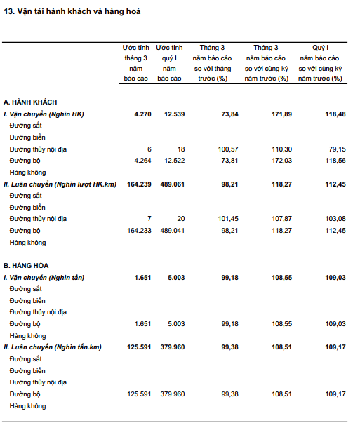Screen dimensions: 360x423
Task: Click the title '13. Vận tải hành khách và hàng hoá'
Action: coord(72,12)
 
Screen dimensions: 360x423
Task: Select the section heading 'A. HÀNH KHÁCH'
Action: coord(30,102)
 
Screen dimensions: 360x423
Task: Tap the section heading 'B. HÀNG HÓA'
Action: coord(26,266)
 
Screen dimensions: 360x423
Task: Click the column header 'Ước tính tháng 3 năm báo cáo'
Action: coord(135,63)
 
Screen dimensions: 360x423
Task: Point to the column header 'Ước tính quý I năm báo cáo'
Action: coord(169,63)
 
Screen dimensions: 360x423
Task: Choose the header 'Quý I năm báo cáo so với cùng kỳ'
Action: coord(320,63)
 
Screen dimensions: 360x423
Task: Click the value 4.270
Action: coord(142,114)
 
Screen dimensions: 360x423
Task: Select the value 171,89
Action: coord(281,114)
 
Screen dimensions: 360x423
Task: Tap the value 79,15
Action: coord(337,149)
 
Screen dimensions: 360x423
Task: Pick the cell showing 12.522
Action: coord(175,161)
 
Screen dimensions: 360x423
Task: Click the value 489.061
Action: coord(173,184)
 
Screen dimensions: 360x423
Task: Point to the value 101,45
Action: coord(228,219)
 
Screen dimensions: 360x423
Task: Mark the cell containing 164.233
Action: coord(139,231)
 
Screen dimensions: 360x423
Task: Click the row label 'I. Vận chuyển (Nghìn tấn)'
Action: coord(44,278)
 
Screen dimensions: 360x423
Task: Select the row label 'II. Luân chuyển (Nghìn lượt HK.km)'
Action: coord(60,184)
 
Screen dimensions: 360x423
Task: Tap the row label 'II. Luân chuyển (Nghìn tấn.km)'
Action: coord(53,347)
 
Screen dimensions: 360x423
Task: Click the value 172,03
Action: coord(281,161)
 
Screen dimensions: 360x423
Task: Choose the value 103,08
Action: coord(335,219)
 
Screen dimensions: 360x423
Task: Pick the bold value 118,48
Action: coord(335,114)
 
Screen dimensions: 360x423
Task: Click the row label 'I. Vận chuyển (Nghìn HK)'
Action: coord(44,114)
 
